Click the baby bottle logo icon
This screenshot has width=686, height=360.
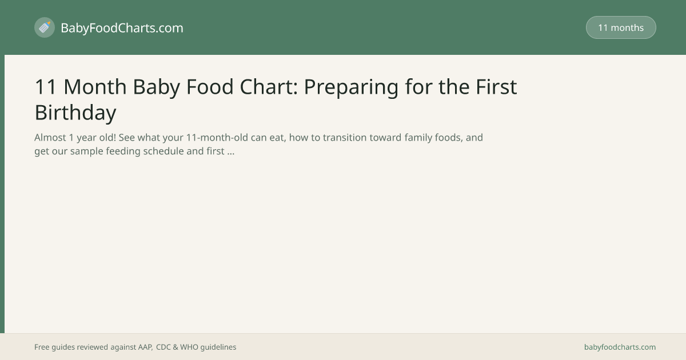click(45, 27)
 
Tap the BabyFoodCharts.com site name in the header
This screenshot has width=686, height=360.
click(122, 28)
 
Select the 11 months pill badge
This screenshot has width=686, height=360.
click(621, 27)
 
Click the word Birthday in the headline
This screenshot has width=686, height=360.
click(75, 113)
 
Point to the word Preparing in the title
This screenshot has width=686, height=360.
click(351, 87)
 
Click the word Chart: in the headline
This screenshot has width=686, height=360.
click(269, 87)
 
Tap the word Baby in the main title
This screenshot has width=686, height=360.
click(156, 87)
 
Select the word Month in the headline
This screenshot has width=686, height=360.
click(95, 87)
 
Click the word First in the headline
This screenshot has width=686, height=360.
click(496, 87)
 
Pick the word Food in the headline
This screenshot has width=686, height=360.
click(210, 87)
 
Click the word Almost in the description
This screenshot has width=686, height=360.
click(50, 138)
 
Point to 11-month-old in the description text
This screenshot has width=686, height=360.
click(217, 138)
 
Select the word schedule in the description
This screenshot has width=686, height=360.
click(163, 151)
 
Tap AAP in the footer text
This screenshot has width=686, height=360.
click(145, 347)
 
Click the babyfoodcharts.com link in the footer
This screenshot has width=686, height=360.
click(620, 347)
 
